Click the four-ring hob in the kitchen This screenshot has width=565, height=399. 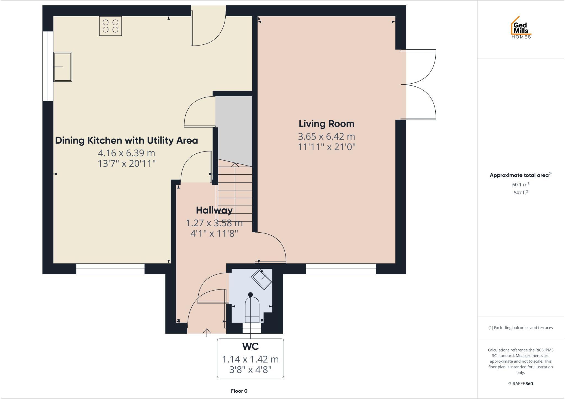click(110, 26)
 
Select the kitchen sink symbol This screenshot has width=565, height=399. click(63, 67)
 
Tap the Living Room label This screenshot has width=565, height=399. click(326, 124)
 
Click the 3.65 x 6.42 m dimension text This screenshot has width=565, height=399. click(326, 136)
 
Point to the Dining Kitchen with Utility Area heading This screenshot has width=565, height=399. click(126, 140)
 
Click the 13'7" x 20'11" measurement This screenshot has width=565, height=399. click(127, 163)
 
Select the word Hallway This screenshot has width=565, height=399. click(214, 210)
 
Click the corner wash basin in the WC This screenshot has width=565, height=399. click(262, 279)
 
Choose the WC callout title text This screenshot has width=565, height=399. click(250, 346)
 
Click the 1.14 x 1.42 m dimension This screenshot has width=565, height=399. click(250, 359)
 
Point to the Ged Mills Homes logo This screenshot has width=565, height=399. click(521, 28)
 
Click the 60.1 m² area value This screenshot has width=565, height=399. click(520, 184)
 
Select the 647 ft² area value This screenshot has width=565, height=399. click(520, 193)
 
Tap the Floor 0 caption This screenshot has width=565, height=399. click(239, 391)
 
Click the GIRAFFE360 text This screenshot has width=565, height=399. click(520, 384)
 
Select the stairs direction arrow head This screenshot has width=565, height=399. click(235, 165)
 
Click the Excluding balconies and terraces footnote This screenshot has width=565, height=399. click(520, 328)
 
